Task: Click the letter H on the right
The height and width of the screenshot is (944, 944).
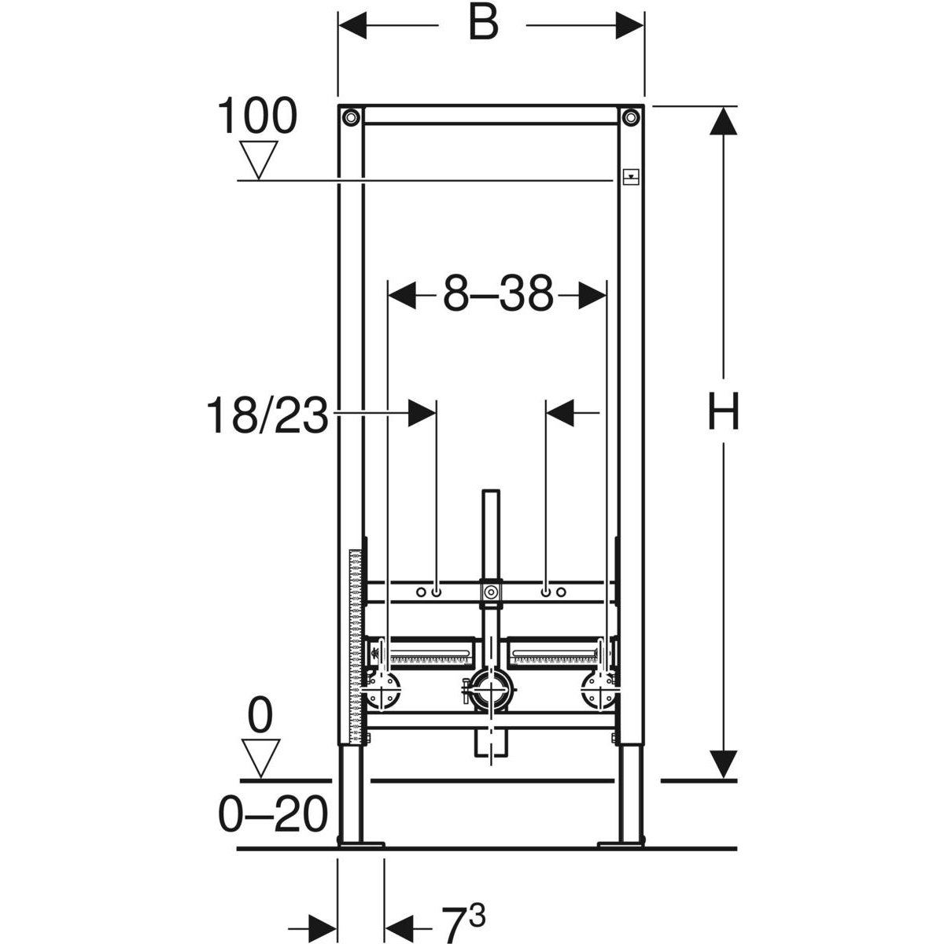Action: pos(723,411)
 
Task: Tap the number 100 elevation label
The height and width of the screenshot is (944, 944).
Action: pos(256,116)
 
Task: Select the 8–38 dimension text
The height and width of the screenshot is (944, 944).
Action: pos(498,294)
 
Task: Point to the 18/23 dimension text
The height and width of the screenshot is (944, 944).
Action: pos(267,415)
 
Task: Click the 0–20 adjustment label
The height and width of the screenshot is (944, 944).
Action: pos(272,813)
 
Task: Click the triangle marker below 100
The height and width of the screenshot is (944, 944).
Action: pos(259,160)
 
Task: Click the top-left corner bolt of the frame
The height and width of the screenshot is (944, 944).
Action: pos(351,117)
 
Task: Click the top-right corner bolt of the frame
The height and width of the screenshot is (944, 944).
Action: pos(630,117)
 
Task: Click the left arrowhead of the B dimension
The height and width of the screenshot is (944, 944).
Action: pos(352,25)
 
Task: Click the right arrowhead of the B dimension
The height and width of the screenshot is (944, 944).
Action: pos(630,25)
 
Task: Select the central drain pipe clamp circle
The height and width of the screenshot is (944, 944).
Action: pos(492,688)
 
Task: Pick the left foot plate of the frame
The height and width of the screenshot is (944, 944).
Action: pos(361,844)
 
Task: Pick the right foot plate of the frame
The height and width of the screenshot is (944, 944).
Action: pos(621,844)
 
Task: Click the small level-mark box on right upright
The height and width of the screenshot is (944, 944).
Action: pos(631,176)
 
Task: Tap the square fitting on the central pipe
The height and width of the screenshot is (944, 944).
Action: pos(490,592)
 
